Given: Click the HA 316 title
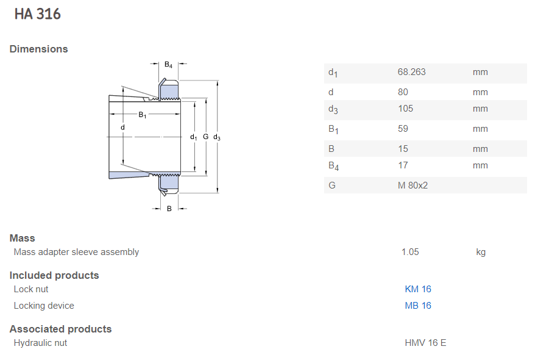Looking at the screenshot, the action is pos(37,14).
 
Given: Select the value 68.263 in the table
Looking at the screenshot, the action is pos(411,72).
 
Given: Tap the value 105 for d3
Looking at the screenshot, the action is pos(406,109).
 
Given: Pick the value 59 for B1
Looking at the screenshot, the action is pos(403,129).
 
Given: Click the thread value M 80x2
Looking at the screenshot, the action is pos(412,185).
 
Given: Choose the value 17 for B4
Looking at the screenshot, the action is pos(403,165).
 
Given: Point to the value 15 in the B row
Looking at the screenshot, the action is pos(403,149).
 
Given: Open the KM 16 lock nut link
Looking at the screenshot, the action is pos(418,289).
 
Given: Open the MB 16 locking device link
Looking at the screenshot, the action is pos(418,306).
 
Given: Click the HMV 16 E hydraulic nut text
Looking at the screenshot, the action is pos(425,343).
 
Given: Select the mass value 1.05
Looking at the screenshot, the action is pos(410,252).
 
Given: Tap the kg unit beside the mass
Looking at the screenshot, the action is pos(481,253).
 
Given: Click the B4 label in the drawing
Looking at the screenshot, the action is pos(169,65).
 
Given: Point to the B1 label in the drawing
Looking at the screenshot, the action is pos(143,115).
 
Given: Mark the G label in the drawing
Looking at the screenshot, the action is pos(205,137).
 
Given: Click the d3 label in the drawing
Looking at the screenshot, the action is pos(217,137).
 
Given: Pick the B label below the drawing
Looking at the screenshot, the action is pos(169,209).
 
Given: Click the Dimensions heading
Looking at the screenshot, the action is pos(39,49).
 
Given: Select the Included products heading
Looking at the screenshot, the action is pos(54,275).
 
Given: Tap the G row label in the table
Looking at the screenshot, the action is pos(332,185).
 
